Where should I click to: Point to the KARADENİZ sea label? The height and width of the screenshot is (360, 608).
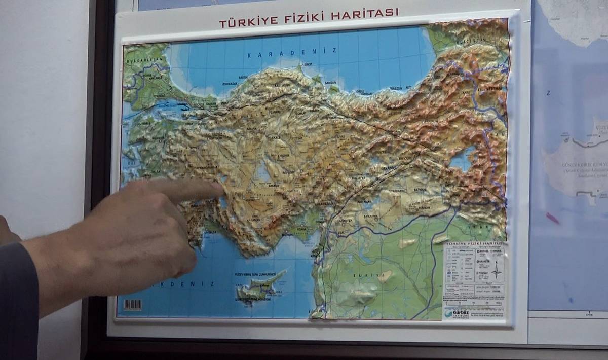tap(292, 52)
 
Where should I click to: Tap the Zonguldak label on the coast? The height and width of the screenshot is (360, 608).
tap(229, 84)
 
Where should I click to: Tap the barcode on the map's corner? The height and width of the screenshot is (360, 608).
tap(133, 305)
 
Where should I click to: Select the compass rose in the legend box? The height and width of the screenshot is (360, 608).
tap(496, 269)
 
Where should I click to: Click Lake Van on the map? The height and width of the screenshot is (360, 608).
tap(462, 159)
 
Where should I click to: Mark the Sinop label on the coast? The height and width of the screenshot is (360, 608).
tap(308, 66)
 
